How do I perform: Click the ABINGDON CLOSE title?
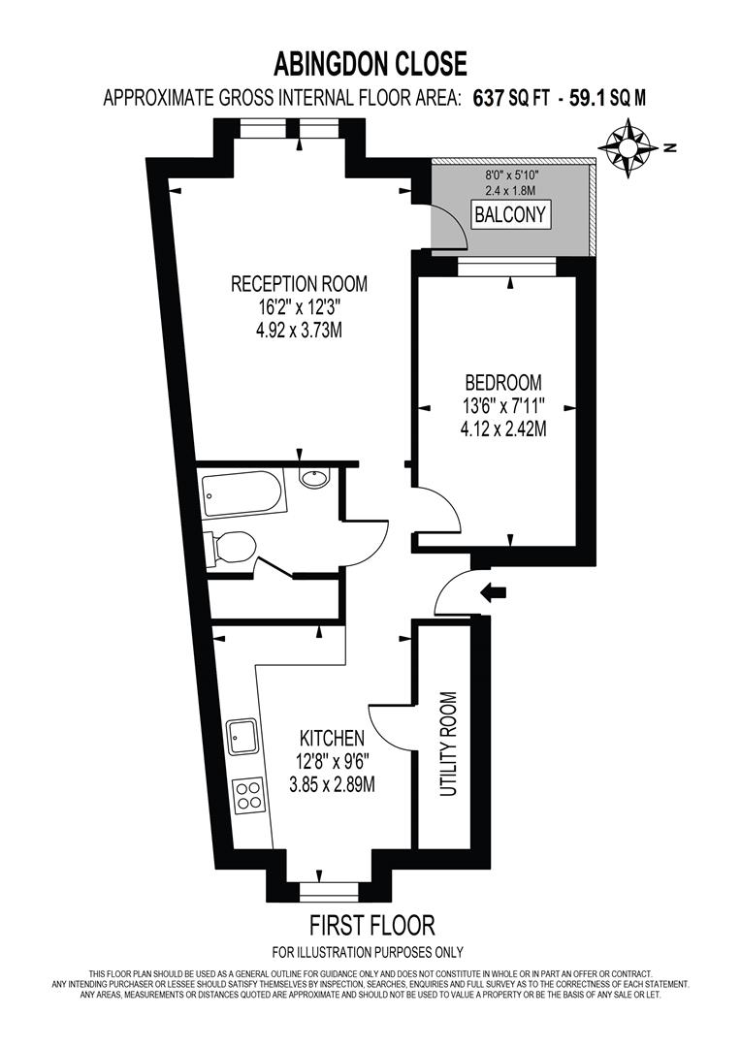tap(370, 65)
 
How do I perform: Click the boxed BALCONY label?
tap(510, 214)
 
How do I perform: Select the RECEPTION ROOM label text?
tap(299, 284)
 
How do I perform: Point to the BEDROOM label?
tap(502, 382)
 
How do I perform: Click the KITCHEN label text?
tap(332, 738)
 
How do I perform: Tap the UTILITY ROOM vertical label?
tap(447, 745)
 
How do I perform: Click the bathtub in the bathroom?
tap(243, 492)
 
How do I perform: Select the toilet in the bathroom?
tap(230, 548)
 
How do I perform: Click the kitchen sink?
tap(242, 738)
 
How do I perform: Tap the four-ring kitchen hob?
tap(247, 794)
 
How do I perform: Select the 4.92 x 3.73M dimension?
tap(299, 331)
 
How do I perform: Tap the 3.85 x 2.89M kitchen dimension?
tap(332, 784)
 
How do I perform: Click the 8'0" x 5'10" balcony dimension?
tap(510, 174)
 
